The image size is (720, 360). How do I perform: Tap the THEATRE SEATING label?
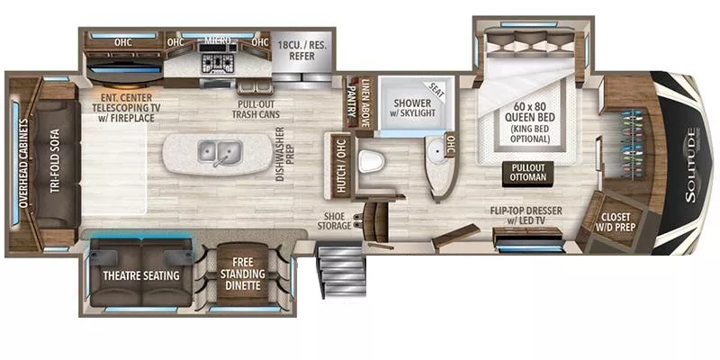click(139, 275)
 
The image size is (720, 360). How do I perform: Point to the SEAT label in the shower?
click(438, 90)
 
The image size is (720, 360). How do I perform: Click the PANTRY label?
click(353, 94)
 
